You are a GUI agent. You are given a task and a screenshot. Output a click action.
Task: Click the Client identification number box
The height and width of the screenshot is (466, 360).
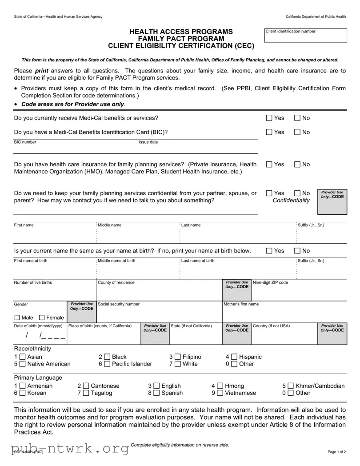click(306, 36)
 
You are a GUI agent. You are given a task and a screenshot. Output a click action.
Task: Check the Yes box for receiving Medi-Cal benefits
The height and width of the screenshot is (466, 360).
click(269, 118)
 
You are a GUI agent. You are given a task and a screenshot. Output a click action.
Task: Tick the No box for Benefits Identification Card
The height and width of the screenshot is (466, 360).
click(297, 132)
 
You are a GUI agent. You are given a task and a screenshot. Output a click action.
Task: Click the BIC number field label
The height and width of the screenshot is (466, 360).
click(25, 142)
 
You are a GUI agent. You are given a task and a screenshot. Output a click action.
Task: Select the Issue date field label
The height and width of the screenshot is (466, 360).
click(148, 142)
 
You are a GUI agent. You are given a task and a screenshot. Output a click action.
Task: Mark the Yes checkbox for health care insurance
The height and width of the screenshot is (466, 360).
click(269, 165)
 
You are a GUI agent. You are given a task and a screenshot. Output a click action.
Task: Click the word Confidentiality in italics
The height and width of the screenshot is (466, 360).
click(291, 201)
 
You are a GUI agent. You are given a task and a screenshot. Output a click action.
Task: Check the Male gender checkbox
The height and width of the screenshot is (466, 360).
click(17, 317)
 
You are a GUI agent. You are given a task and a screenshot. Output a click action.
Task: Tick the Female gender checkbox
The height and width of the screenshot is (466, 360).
click(42, 317)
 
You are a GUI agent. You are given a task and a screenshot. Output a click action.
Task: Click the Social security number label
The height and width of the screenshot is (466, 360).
click(119, 304)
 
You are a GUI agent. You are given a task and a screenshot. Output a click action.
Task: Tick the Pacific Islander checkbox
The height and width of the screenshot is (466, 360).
click(107, 364)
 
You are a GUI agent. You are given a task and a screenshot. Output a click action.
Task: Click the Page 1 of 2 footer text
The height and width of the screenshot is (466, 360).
click(336, 452)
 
